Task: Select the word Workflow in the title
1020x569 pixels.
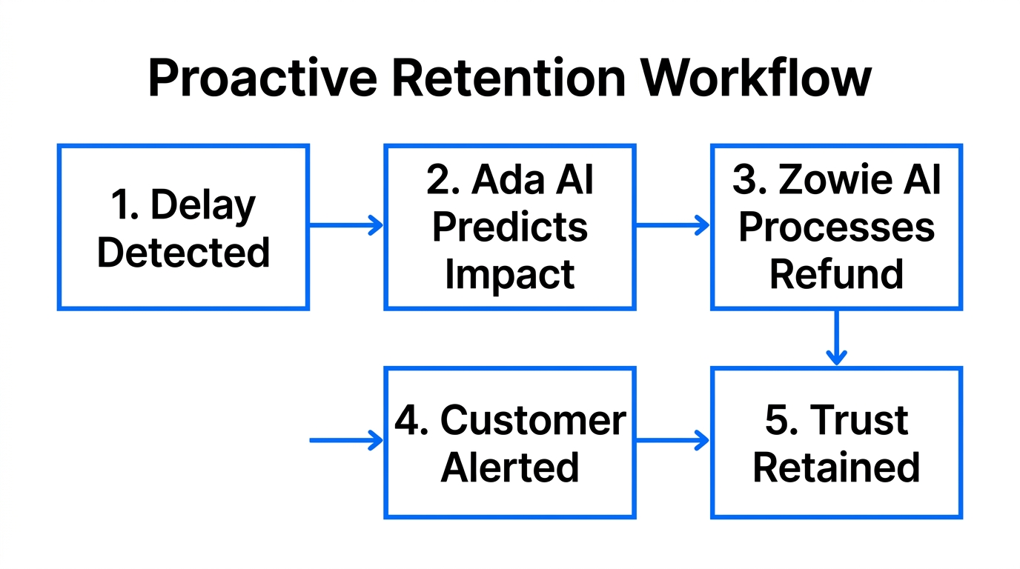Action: [756, 78]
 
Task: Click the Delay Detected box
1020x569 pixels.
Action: [183, 227]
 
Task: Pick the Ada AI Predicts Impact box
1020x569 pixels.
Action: [510, 227]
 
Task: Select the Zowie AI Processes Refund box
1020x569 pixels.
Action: [836, 227]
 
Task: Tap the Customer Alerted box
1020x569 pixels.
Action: [510, 442]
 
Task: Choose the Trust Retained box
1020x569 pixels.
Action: [836, 442]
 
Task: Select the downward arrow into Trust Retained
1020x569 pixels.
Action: [836, 338]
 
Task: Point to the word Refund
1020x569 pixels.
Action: [836, 274]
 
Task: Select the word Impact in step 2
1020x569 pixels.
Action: [510, 274]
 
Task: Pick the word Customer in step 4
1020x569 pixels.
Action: [533, 420]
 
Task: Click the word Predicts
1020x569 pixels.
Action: [510, 227]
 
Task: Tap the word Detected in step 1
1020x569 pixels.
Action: [183, 253]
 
